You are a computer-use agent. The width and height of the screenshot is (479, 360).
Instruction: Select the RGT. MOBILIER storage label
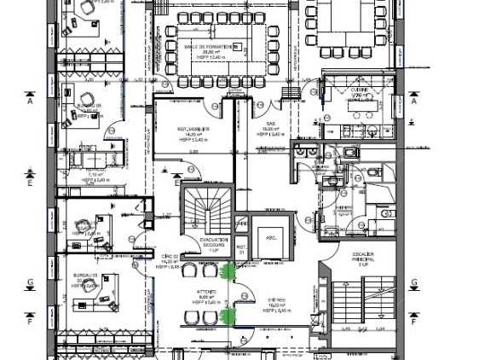click(x=189, y=130)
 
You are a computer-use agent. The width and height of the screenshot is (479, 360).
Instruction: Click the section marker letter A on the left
click(x=30, y=100)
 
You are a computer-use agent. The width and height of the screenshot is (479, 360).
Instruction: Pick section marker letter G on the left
click(x=30, y=282)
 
